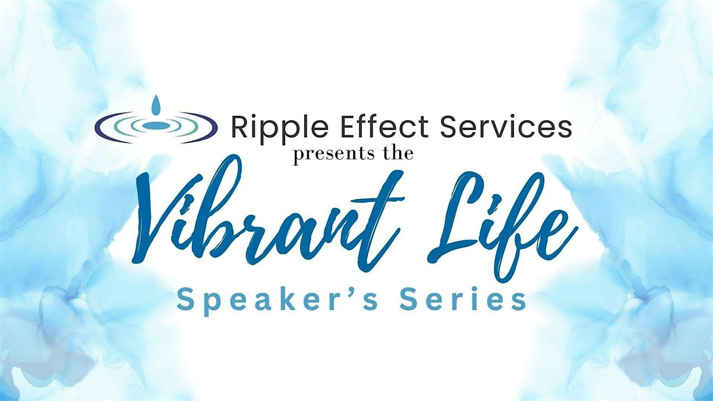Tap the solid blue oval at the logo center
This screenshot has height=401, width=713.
[156, 126]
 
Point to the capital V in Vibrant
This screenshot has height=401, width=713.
[166, 220]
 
